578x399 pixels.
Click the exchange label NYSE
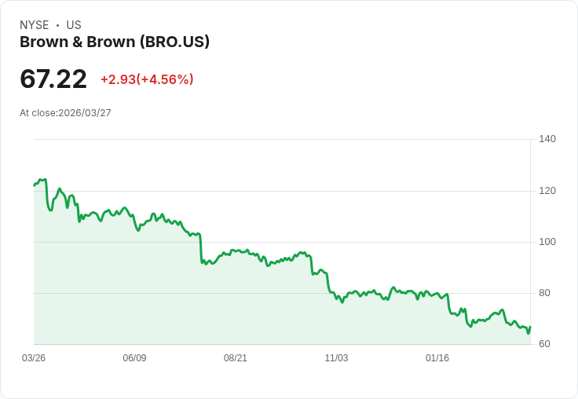pyautogui.click(x=34, y=25)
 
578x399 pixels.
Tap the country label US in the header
pyautogui.click(x=74, y=25)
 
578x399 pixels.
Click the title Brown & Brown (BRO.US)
pyautogui.click(x=115, y=42)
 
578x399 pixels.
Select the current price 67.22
pyautogui.click(x=53, y=79)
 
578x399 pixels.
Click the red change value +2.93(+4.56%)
pyautogui.click(x=147, y=79)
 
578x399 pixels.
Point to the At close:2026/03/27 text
pyautogui.click(x=65, y=113)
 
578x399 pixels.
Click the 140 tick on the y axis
pyautogui.click(x=547, y=139)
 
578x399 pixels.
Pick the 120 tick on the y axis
pyautogui.click(x=547, y=191)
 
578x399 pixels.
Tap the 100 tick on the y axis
pyautogui.click(x=547, y=242)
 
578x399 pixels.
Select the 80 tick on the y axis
pyautogui.click(x=544, y=293)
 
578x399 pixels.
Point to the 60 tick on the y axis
pyautogui.click(x=544, y=344)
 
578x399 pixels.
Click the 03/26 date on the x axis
pyautogui.click(x=34, y=358)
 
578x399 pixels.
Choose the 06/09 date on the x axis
pyautogui.click(x=134, y=358)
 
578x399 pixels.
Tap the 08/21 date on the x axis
pyautogui.click(x=236, y=358)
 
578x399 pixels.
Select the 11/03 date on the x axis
pyautogui.click(x=336, y=358)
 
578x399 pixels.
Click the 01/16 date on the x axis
pyautogui.click(x=437, y=358)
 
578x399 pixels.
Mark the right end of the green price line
pyautogui.click(x=530, y=327)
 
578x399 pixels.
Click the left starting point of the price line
pyautogui.click(x=35, y=185)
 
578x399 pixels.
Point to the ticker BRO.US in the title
pyautogui.click(x=174, y=42)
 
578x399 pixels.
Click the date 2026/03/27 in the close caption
pyautogui.click(x=85, y=113)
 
